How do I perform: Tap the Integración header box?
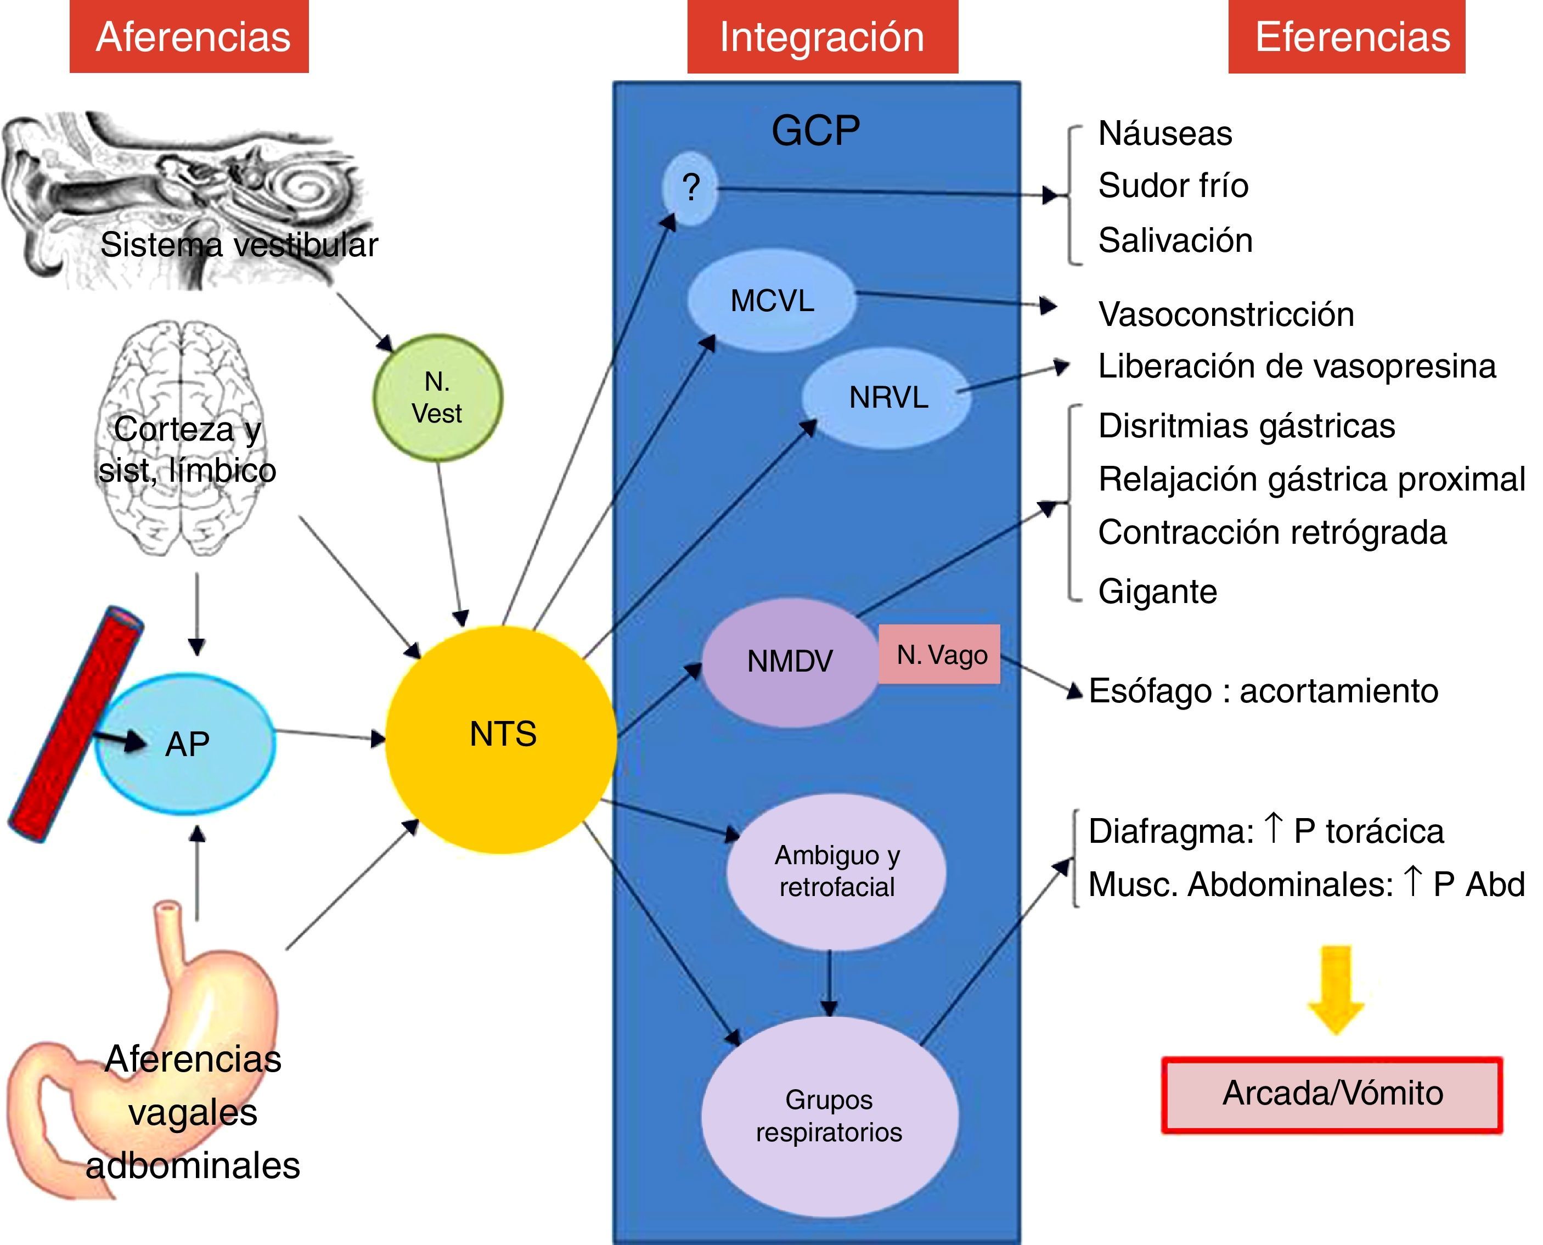(823, 37)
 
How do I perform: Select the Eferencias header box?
(1347, 37)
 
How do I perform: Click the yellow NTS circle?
(501, 739)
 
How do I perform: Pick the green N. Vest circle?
(437, 398)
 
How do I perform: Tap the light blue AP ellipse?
(185, 743)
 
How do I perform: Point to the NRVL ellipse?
(887, 398)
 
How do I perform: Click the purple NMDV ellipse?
(789, 661)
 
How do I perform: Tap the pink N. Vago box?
(939, 654)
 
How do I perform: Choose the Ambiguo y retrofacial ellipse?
(836, 871)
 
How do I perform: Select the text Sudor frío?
(1173, 186)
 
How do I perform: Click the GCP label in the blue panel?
(815, 131)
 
